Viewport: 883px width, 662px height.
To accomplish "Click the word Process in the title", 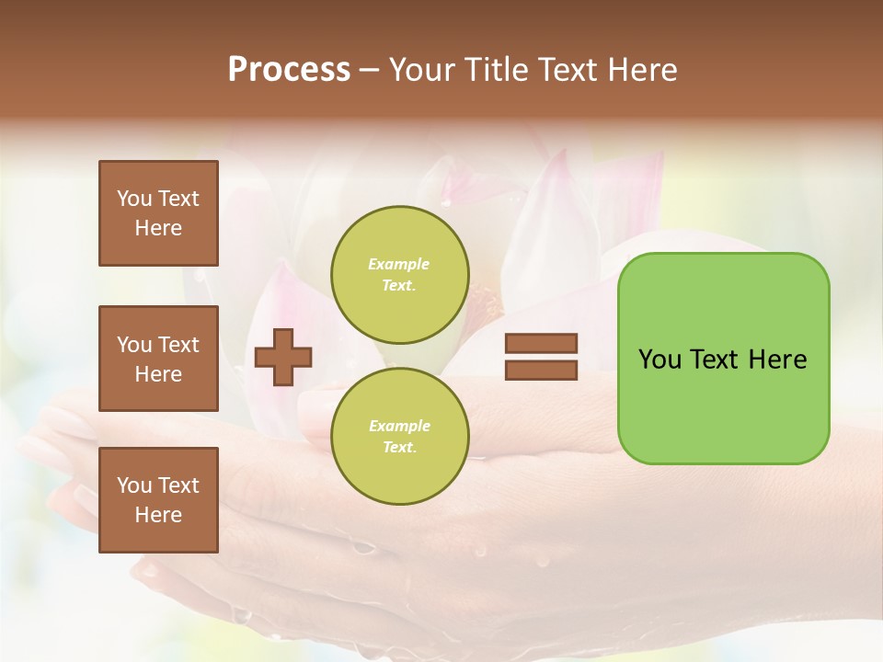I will tap(289, 70).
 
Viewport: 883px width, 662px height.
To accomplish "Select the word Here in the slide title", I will tap(640, 70).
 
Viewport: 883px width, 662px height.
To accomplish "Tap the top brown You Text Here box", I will tap(158, 213).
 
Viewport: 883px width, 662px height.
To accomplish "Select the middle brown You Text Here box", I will tap(158, 359).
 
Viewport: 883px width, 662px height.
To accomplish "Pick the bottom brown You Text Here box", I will tap(158, 500).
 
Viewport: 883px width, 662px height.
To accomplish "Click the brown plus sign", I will tap(283, 357).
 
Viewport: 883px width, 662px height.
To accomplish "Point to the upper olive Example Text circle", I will tap(399, 275).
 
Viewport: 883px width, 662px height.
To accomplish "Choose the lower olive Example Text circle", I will tap(399, 437).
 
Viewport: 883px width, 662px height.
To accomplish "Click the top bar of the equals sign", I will tap(541, 344).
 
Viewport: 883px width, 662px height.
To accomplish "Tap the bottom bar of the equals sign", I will tap(541, 371).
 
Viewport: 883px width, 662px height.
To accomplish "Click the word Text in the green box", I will tap(715, 360).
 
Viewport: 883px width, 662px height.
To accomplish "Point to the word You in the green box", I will tap(659, 360).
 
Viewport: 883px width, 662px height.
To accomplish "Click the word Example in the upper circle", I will tap(399, 264).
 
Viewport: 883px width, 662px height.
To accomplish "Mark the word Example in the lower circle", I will tap(399, 426).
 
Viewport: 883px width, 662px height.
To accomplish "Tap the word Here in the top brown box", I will tap(158, 228).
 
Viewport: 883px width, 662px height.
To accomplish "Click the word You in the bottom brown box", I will tap(134, 485).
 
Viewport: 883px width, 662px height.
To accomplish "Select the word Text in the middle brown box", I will tap(178, 345).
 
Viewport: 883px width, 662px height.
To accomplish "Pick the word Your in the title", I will tap(424, 70).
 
